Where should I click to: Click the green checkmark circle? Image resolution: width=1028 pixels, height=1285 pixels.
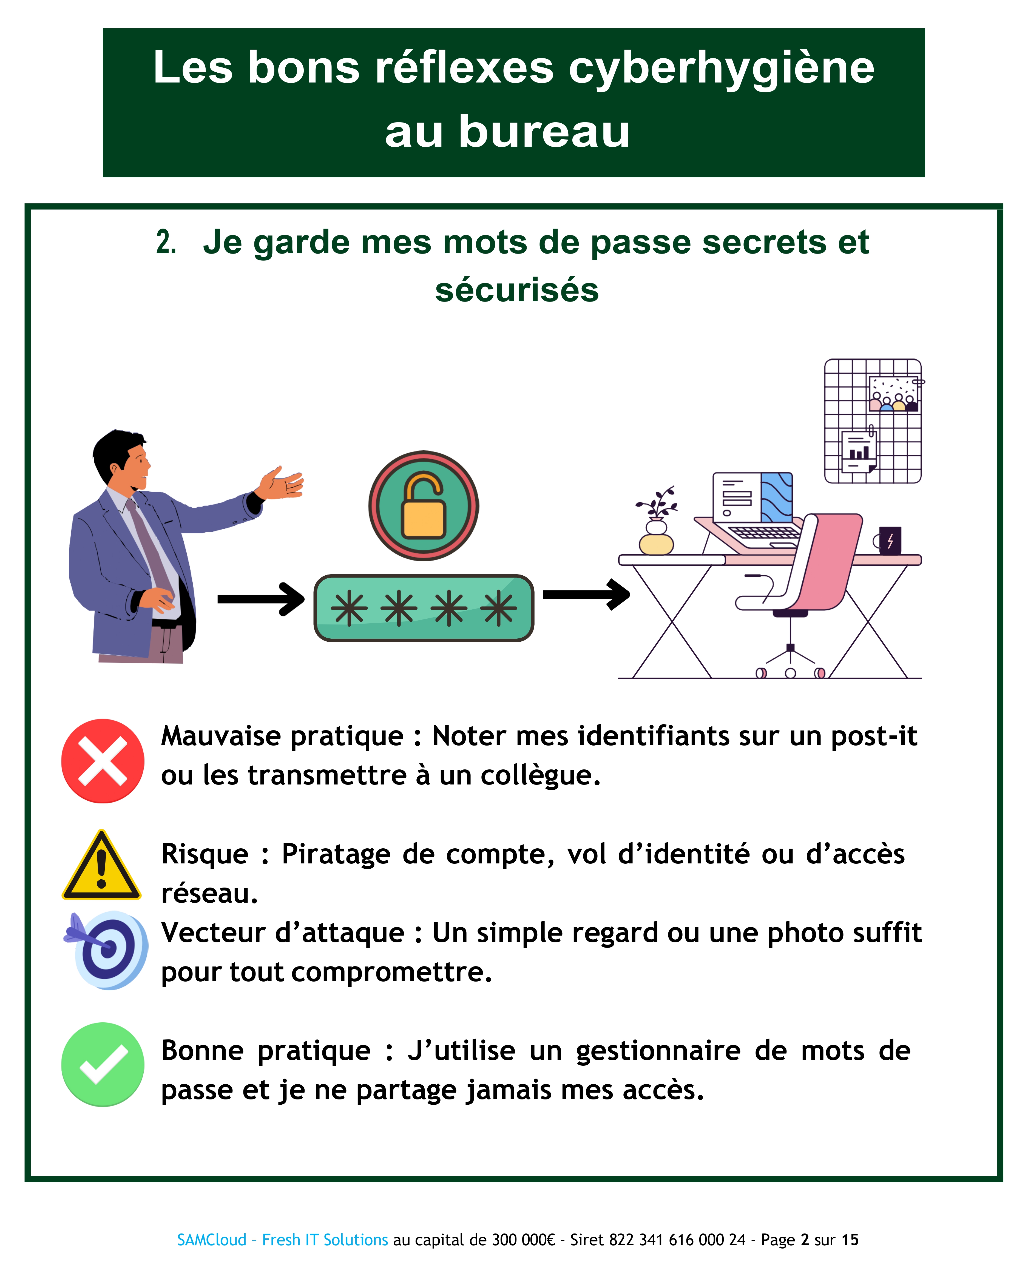(x=103, y=1064)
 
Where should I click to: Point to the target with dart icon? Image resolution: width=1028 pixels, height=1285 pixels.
(x=107, y=951)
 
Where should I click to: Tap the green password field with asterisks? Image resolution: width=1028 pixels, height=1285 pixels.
(x=424, y=608)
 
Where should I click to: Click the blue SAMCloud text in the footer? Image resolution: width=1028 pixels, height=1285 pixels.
(x=212, y=1240)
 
